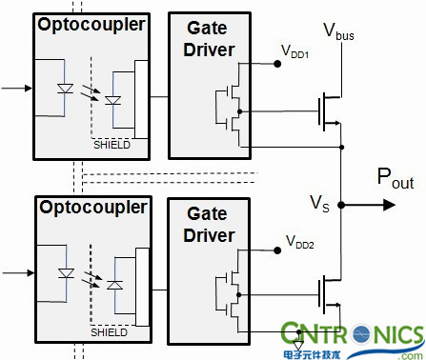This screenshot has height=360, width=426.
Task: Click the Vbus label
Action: click(x=338, y=31)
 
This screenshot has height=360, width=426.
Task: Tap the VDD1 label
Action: click(x=294, y=51)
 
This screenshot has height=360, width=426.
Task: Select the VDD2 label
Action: click(x=300, y=242)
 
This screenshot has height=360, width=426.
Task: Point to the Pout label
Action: click(x=396, y=178)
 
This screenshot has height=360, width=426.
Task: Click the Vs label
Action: click(x=319, y=203)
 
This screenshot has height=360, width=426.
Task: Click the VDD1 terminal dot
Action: click(x=277, y=64)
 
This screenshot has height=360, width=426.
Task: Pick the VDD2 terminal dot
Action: click(x=277, y=250)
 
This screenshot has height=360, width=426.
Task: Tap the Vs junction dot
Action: click(x=341, y=205)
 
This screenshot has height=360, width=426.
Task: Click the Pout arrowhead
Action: click(x=389, y=205)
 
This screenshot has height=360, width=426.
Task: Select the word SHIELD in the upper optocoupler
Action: click(x=112, y=145)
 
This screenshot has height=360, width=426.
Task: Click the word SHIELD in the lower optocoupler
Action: click(x=109, y=332)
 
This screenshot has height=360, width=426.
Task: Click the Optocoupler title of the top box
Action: click(x=91, y=25)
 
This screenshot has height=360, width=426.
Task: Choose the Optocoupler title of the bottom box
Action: click(x=93, y=208)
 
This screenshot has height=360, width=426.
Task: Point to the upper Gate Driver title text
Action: click(x=209, y=39)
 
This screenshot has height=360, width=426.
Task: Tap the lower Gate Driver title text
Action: click(x=209, y=225)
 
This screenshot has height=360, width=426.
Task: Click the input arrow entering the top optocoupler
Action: click(x=16, y=88)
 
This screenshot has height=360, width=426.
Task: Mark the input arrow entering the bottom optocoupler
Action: click(x=18, y=272)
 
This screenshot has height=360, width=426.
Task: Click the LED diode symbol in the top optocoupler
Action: click(x=65, y=89)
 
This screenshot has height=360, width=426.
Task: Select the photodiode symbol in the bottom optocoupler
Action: click(x=114, y=285)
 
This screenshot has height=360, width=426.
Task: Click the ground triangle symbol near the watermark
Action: click(x=298, y=345)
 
